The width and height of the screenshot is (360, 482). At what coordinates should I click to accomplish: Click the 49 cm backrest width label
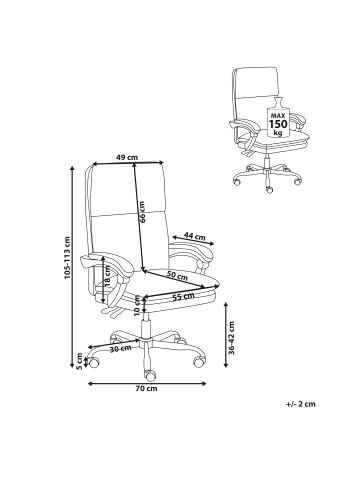coord(127,157)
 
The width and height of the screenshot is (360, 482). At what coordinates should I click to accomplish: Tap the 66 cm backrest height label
coord(142,212)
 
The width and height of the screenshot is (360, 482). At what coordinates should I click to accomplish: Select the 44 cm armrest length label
coord(195,236)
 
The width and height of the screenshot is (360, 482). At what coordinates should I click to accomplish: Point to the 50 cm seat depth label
coord(177,276)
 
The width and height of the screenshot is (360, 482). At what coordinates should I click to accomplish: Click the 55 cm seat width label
coord(183,296)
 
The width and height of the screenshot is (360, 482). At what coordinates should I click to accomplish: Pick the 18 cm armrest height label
coord(107,276)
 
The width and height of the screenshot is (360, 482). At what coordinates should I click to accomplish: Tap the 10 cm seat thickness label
coord(137,305)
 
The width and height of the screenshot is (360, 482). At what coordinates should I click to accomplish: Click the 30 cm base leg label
coord(120,349)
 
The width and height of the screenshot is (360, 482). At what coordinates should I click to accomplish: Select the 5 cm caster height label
coord(79,361)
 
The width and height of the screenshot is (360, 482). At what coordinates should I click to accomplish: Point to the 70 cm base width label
coord(146,388)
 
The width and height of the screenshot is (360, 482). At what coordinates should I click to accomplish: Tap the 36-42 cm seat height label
coord(232,338)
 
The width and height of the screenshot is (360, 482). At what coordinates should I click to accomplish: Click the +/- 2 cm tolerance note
coord(300,404)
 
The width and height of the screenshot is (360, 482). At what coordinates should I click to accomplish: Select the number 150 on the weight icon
coord(278,124)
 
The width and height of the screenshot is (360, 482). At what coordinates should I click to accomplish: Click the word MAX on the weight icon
coord(278,115)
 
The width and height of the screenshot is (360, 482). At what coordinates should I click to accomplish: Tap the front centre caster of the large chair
coord(149,375)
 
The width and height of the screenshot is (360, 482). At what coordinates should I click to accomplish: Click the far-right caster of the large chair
coord(200,361)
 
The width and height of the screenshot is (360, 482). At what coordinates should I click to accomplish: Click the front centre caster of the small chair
coord(269,190)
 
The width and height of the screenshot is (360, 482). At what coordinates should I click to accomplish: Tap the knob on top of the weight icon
coord(278,101)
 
